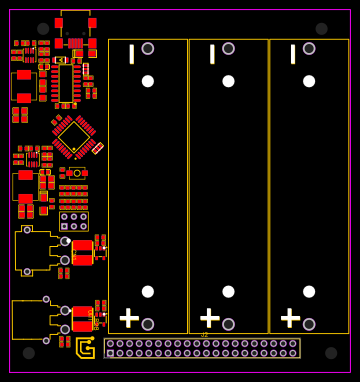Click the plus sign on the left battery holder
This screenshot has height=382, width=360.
point(129,318)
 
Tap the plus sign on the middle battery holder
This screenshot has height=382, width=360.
point(210,318)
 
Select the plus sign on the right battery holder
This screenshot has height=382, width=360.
point(290,318)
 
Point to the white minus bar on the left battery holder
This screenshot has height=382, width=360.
point(131,54)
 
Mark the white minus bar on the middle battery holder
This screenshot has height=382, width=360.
point(212,54)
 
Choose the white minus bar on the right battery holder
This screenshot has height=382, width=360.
point(293,54)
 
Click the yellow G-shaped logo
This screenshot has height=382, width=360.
point(86,347)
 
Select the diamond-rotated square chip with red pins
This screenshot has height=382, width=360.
point(73,137)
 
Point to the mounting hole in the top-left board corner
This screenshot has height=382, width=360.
point(43,29)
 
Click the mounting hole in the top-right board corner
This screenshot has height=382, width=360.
point(321,29)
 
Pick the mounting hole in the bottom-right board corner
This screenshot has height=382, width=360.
point(331,353)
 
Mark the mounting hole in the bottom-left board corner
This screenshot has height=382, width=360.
point(29,353)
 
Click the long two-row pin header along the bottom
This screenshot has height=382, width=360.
point(202,348)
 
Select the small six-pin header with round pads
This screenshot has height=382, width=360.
point(73,221)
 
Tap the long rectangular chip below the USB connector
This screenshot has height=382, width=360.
point(65,82)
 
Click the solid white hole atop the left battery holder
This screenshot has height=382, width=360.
point(148,81)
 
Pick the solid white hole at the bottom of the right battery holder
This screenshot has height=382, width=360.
point(309,292)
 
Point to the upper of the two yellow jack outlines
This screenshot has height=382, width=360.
point(34,250)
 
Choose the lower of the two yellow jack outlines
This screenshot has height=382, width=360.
point(32,319)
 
